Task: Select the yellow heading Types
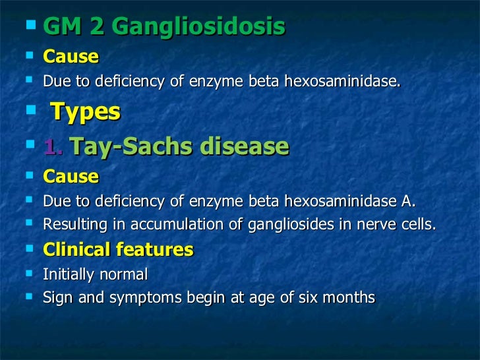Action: (x=85, y=112)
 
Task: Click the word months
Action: (x=352, y=298)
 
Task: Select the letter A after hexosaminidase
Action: (x=409, y=200)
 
